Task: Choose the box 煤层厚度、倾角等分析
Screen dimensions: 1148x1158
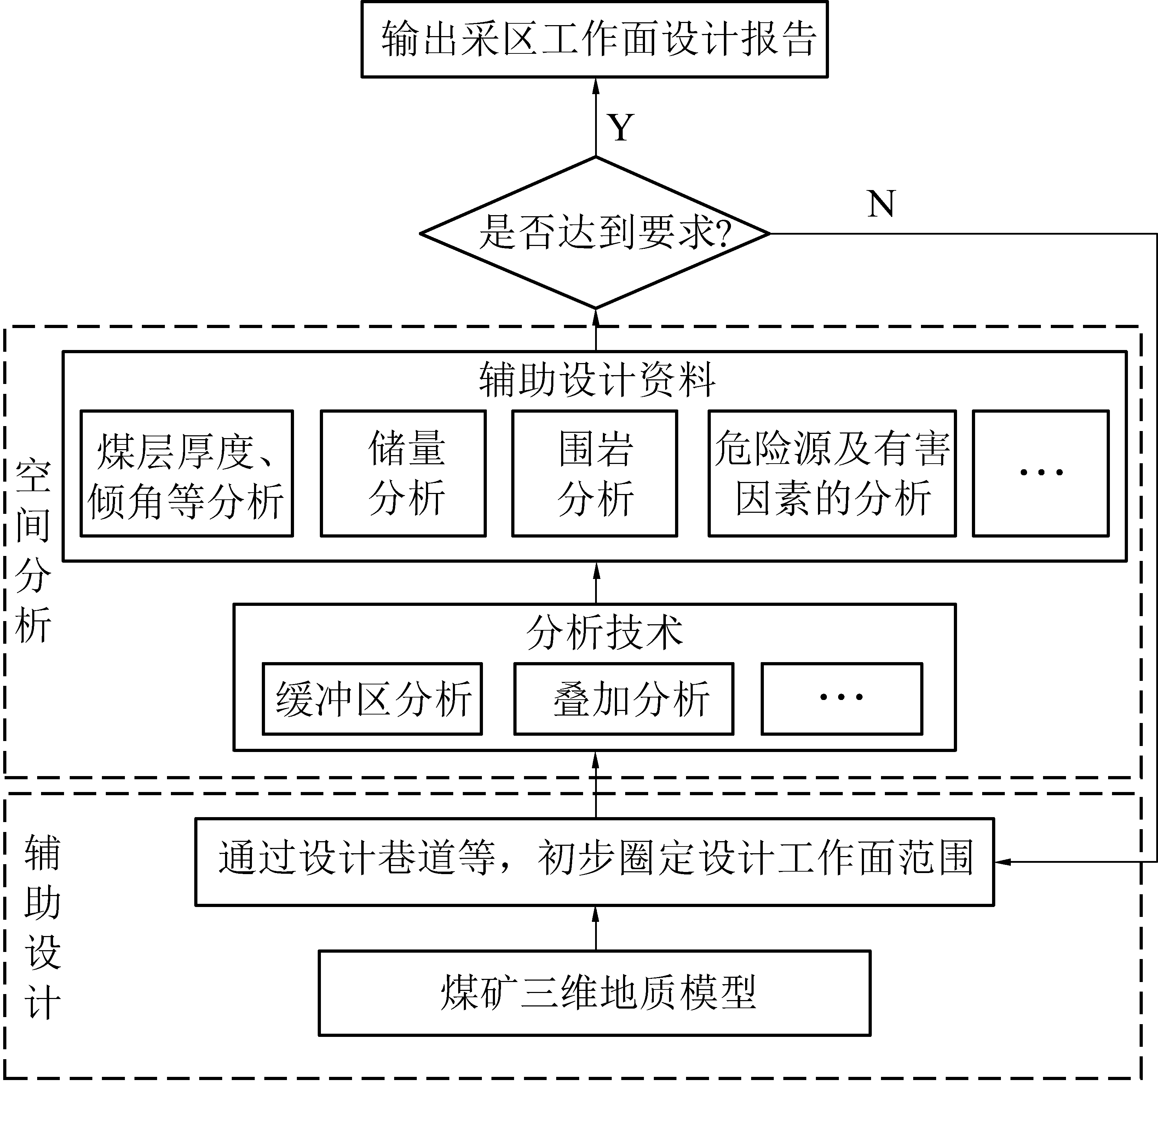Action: pos(186,473)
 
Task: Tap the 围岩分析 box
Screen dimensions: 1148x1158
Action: pos(595,473)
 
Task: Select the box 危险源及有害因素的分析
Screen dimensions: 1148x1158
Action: pos(832,473)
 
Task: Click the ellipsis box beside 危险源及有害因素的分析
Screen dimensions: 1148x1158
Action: pos(1041,473)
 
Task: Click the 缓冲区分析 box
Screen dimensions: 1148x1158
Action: pos(372,699)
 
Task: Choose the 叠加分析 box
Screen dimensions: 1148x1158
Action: pos(623,699)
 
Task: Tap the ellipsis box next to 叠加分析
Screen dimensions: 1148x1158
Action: pos(842,699)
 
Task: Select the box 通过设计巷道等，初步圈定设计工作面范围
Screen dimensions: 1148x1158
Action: pos(595,861)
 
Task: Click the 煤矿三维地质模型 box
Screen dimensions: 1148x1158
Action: pos(595,993)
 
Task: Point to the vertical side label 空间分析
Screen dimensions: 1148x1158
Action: pos(33,551)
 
